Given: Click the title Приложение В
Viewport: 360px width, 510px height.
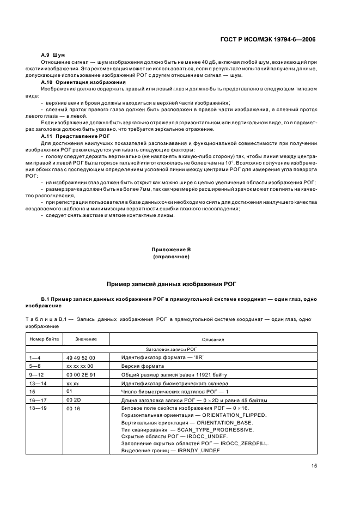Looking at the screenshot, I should pos(170,250).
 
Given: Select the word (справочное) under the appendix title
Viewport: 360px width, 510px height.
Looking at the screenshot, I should pos(170,257).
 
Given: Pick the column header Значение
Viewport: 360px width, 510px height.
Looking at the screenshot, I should pos(86,339).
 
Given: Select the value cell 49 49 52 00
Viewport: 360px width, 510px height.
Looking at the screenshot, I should pos(79,357).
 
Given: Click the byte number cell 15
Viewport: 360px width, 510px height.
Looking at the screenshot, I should pos(32,392).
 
